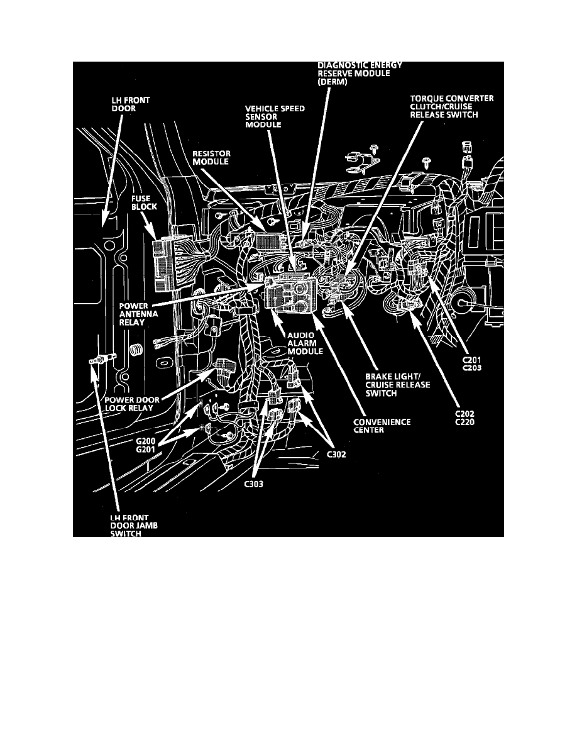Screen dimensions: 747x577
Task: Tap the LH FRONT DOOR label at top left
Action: [121, 103]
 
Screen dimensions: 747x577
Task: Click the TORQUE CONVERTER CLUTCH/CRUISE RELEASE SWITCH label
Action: [451, 106]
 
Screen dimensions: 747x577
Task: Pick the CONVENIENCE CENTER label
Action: [382, 426]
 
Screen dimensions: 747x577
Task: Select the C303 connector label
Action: [253, 484]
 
